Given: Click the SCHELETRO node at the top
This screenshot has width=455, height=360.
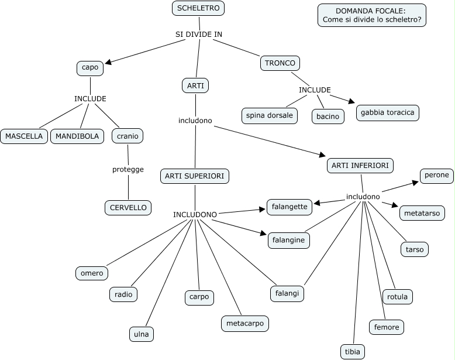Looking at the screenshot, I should click(198, 9).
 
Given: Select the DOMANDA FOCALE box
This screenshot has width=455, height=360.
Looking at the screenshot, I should click(371, 15).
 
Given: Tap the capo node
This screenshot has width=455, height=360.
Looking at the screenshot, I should click(90, 68).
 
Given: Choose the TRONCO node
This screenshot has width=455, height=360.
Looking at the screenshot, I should click(280, 63).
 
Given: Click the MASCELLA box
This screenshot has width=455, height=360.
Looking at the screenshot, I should click(24, 136).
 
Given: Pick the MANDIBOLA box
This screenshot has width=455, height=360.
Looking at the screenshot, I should click(78, 136).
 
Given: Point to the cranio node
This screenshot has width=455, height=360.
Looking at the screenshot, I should click(127, 136).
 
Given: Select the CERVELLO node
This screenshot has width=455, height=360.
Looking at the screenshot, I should click(128, 207).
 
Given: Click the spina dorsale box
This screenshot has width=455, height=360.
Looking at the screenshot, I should click(269, 115).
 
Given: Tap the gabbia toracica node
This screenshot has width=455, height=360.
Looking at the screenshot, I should click(388, 112).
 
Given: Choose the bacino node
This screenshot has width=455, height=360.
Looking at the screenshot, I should click(328, 116).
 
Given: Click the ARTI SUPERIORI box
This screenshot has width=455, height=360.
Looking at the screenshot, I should click(195, 176).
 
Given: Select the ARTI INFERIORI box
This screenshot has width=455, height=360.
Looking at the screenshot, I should click(360, 166).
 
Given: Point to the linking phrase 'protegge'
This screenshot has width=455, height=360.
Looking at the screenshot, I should click(127, 170).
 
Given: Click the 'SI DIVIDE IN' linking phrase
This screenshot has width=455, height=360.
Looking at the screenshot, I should click(199, 35).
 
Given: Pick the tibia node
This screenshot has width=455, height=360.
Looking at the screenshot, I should click(353, 351).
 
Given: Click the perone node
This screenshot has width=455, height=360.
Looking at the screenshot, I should click(437, 175).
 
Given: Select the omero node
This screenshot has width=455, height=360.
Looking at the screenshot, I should click(92, 273).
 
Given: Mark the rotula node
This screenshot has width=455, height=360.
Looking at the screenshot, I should click(397, 297).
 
